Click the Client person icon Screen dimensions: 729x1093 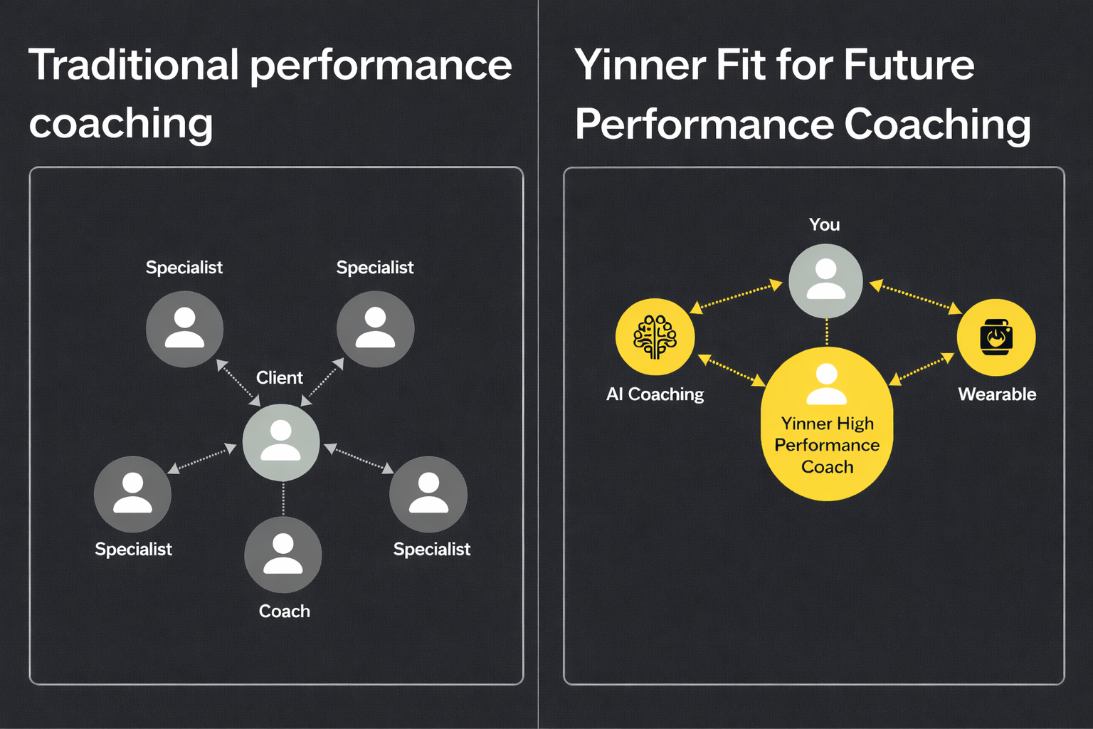281,442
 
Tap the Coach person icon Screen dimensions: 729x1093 283,555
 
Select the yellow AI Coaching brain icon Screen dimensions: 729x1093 655,337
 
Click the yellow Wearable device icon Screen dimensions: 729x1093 996,337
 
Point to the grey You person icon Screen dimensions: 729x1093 825,280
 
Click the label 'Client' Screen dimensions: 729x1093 280,377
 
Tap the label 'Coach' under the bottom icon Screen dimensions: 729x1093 285,611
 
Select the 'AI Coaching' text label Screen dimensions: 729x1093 655,394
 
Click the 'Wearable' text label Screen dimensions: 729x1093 997,394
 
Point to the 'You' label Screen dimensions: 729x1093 824,225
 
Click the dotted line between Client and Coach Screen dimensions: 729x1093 283,499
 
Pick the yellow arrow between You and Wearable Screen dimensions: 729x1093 916,297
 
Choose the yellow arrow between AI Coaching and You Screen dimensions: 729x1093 736,297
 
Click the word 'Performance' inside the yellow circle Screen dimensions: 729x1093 827,445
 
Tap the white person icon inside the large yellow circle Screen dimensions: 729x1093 827,384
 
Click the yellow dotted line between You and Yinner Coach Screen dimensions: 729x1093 827,332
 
